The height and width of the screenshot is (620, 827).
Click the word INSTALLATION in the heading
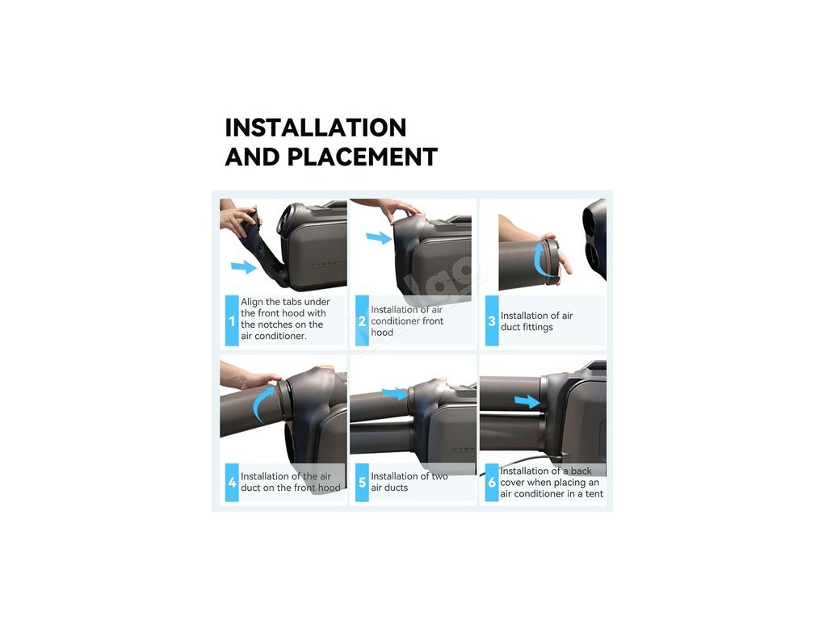[x=316, y=128]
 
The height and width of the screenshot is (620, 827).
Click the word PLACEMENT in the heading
[x=363, y=157]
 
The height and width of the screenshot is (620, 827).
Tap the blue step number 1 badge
[x=232, y=320]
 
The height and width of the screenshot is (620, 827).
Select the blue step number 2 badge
[x=362, y=320]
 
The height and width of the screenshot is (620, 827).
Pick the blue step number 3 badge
[x=492, y=320]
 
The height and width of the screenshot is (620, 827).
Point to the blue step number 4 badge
[x=232, y=483]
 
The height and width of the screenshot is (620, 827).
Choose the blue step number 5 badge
[x=362, y=483]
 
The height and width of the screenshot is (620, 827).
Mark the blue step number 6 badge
[x=492, y=483]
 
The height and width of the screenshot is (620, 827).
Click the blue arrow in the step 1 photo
[x=244, y=266]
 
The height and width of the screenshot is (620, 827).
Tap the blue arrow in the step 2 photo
[x=379, y=238]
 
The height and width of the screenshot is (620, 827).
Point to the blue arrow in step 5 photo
[x=394, y=393]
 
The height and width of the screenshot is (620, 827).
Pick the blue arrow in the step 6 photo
[x=527, y=402]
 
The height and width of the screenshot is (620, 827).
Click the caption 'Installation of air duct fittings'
[x=536, y=321]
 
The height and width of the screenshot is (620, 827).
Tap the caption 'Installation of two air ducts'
[x=409, y=482]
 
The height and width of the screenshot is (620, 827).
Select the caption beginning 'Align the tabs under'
[x=285, y=318]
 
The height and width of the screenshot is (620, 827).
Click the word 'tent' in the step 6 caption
[x=594, y=494]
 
